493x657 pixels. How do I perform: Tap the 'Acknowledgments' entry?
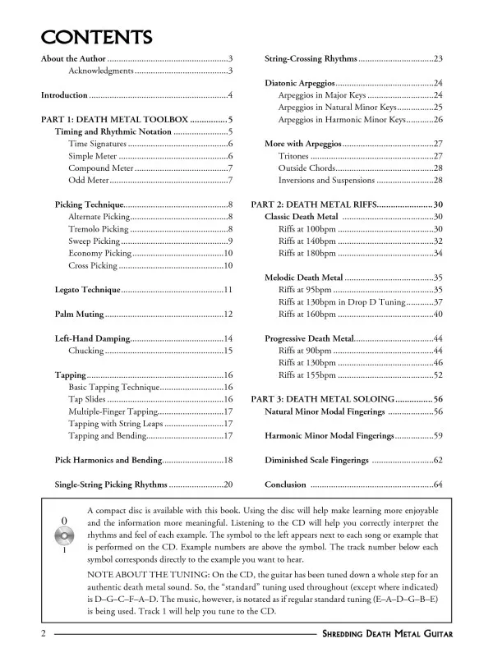tap(101, 71)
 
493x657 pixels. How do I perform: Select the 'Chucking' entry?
tap(85, 351)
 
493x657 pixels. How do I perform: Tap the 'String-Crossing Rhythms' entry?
tap(311, 59)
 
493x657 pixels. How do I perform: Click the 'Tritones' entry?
tap(293, 156)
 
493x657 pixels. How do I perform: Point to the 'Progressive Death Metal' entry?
tap(309, 338)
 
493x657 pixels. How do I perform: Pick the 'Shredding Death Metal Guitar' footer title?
tap(387, 635)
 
